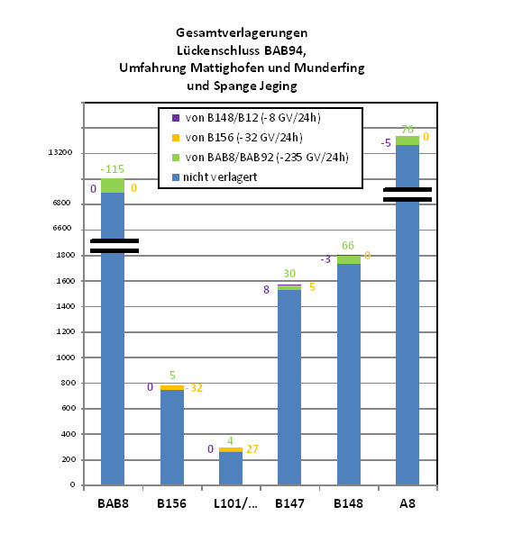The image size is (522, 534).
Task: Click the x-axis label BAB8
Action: coord(113,503)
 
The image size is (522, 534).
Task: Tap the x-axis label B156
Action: coord(171,503)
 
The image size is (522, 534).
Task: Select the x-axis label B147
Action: coord(289,503)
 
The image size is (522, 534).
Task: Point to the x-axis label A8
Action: coord(408,503)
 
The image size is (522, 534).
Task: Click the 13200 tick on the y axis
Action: coord(60,152)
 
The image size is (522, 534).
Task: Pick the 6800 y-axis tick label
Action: coord(61,203)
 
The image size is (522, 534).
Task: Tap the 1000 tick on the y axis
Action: coord(65,358)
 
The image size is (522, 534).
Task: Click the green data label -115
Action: coord(112,169)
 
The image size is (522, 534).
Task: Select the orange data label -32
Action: coord(194,388)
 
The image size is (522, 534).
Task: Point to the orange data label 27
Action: coord(252,448)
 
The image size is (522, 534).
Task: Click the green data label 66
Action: coord(348,245)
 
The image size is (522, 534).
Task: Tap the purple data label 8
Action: coord(266,289)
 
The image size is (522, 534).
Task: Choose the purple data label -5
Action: coord(386,142)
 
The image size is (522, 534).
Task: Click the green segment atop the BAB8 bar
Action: coord(113,186)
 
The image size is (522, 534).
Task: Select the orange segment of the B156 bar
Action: coord(172,387)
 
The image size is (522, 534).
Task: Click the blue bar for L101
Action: coord(231,468)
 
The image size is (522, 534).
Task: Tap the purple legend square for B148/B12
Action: coord(176,118)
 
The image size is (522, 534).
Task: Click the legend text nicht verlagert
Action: coord(220,177)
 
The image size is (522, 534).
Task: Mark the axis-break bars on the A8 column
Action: coord(408,195)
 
